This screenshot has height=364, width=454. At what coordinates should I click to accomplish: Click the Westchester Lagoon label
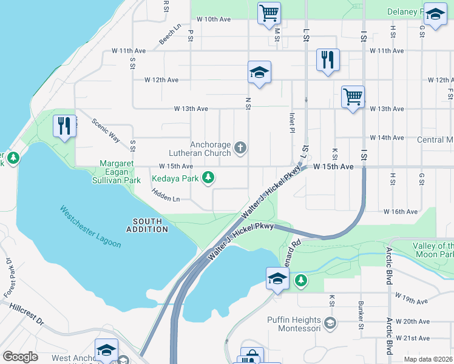pyautogui.click(x=90, y=227)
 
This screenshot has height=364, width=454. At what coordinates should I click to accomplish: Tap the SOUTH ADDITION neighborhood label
pyautogui.click(x=147, y=225)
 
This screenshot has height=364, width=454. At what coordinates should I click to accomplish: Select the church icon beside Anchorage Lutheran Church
pyautogui.click(x=240, y=147)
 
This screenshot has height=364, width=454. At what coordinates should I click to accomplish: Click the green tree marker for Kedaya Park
pyautogui.click(x=209, y=177)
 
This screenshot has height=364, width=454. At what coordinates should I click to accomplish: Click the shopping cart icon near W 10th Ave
pyautogui.click(x=269, y=12)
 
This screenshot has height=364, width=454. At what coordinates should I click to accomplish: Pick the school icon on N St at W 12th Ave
pyautogui.click(x=259, y=72)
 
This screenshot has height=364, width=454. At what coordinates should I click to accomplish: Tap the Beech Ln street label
pyautogui.click(x=171, y=34)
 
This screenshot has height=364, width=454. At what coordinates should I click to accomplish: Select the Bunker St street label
pyautogui.click(x=361, y=314)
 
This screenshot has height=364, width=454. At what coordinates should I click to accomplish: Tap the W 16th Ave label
pyautogui.click(x=400, y=212)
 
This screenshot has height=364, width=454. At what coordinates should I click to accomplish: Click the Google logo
pyautogui.click(x=21, y=357)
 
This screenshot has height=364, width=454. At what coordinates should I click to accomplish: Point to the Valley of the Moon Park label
pyautogui.click(x=433, y=250)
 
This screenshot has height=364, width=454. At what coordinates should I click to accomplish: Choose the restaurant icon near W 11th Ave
pyautogui.click(x=328, y=59)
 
